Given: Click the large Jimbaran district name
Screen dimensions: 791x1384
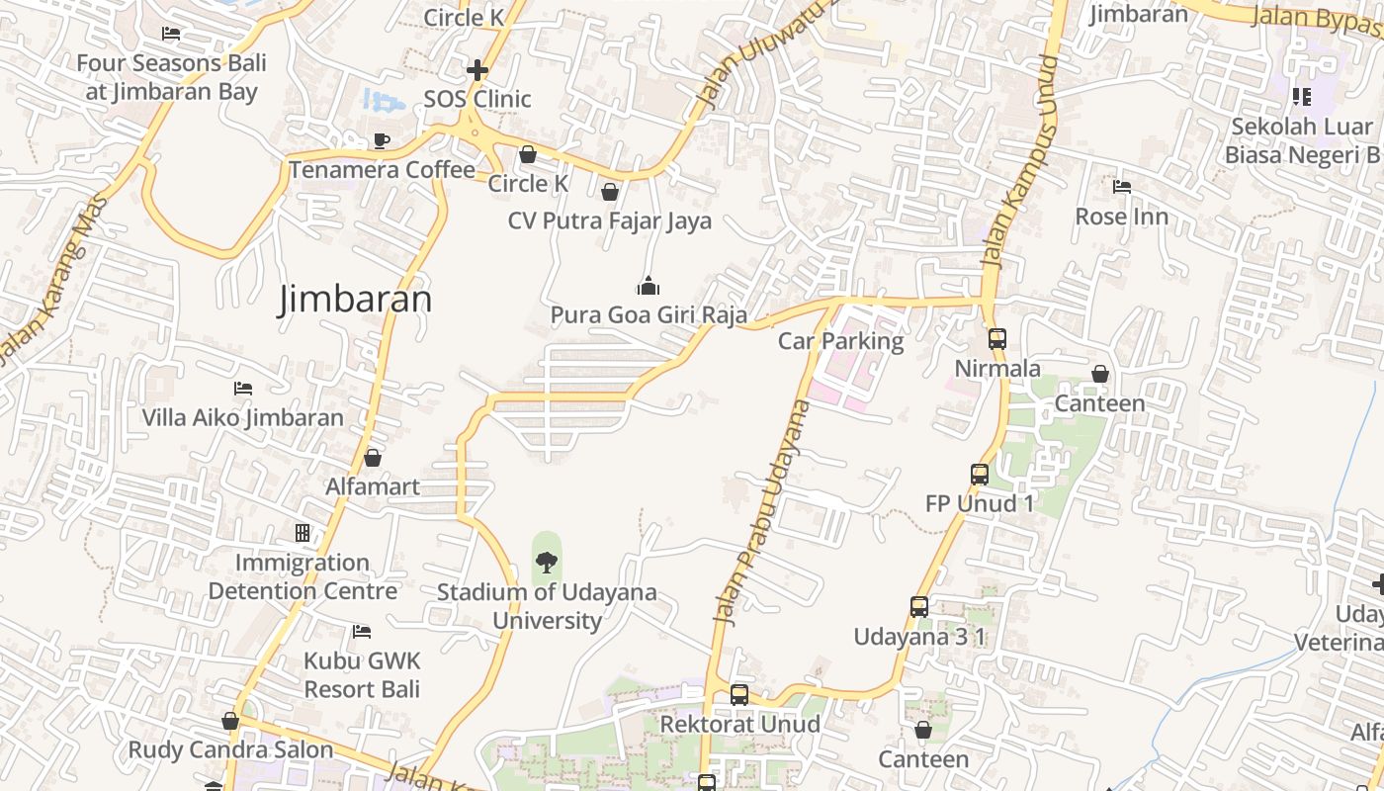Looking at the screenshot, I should (355, 299).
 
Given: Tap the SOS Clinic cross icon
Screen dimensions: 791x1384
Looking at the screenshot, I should (477, 70).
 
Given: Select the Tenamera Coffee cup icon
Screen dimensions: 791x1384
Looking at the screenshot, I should (382, 140).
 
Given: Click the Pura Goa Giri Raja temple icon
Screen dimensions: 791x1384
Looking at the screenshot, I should (648, 287).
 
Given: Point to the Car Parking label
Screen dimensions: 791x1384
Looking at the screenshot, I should (840, 341).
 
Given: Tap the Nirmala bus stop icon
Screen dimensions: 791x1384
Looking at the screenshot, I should (996, 338).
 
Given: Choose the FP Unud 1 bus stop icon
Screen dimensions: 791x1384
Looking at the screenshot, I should (979, 474).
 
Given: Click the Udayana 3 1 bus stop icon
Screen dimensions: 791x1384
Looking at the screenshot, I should (919, 606).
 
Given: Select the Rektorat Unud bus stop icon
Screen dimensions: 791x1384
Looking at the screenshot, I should (739, 694).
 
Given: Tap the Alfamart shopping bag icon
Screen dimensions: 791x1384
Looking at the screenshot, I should (373, 458).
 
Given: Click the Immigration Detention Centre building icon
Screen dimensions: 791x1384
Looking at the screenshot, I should (303, 533).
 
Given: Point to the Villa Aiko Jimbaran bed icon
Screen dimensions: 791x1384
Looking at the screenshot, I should (243, 389).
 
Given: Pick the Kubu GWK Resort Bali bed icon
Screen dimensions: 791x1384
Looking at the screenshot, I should (362, 631).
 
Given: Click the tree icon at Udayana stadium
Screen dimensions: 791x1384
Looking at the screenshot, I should (546, 563).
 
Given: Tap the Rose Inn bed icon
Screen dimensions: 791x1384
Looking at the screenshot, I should (1121, 187).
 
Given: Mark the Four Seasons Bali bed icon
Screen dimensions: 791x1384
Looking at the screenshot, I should (171, 34).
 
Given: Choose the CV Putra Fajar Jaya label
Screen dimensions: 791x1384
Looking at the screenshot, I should (610, 220).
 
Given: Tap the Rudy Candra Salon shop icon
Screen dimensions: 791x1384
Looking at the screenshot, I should (230, 721).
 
